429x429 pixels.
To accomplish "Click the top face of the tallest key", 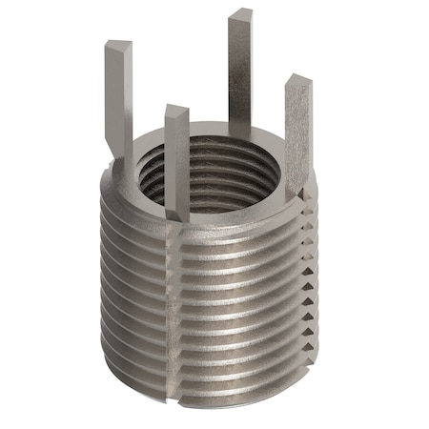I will pos(239,14).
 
